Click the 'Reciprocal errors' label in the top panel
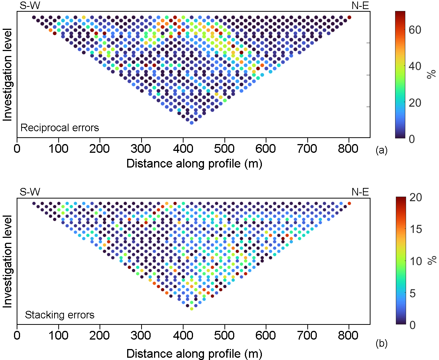60,128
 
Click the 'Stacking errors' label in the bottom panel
59,315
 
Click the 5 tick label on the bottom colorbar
415,293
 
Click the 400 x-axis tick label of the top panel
183,148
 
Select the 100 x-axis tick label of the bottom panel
59,336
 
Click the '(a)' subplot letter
381,151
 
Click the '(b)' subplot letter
381,344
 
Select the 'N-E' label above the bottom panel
360,192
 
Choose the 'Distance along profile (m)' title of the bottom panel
194,354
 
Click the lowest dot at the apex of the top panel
191,123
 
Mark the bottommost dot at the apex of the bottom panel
191,309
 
